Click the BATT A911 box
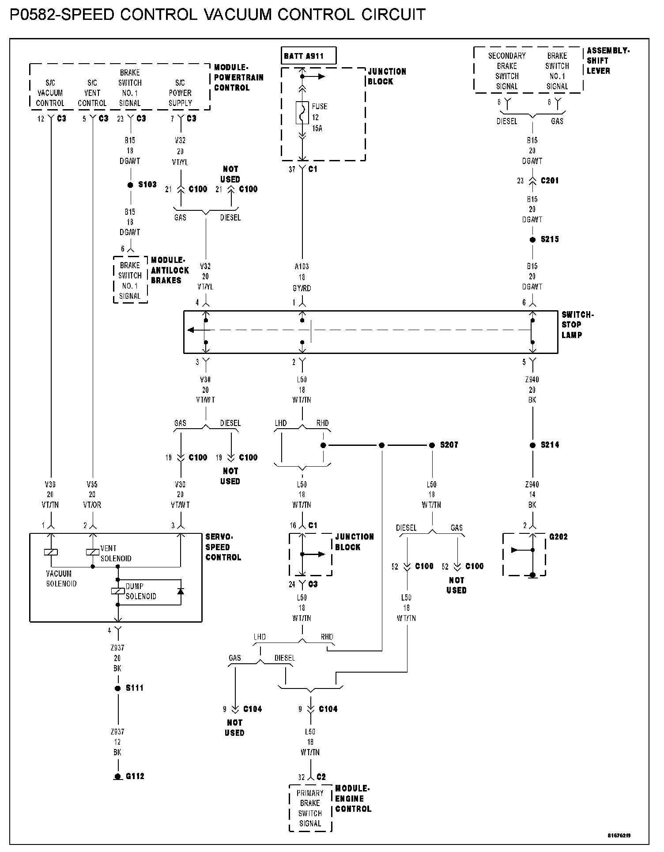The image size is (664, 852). click(309, 56)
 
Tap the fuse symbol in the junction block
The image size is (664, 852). click(302, 113)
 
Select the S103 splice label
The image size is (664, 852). click(147, 185)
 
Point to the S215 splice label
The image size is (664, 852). click(550, 240)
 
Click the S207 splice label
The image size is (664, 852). click(449, 445)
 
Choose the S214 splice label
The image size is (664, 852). click(550, 445)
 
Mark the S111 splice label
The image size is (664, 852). click(135, 688)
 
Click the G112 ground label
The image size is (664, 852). click(135, 776)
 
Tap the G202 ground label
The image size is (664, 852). click(558, 537)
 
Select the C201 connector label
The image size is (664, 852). click(550, 180)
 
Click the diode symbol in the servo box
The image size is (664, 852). click(180, 591)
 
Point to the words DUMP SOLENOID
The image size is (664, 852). click(141, 591)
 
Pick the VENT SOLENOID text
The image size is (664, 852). click(116, 553)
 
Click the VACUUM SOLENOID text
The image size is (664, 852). click(61, 579)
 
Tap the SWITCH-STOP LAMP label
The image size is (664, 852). click(577, 325)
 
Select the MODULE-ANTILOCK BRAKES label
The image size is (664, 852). click(170, 270)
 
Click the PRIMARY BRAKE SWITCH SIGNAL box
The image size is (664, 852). click(310, 808)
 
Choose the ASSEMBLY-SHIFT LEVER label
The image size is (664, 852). click(607, 61)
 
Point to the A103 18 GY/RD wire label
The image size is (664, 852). click(302, 278)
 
